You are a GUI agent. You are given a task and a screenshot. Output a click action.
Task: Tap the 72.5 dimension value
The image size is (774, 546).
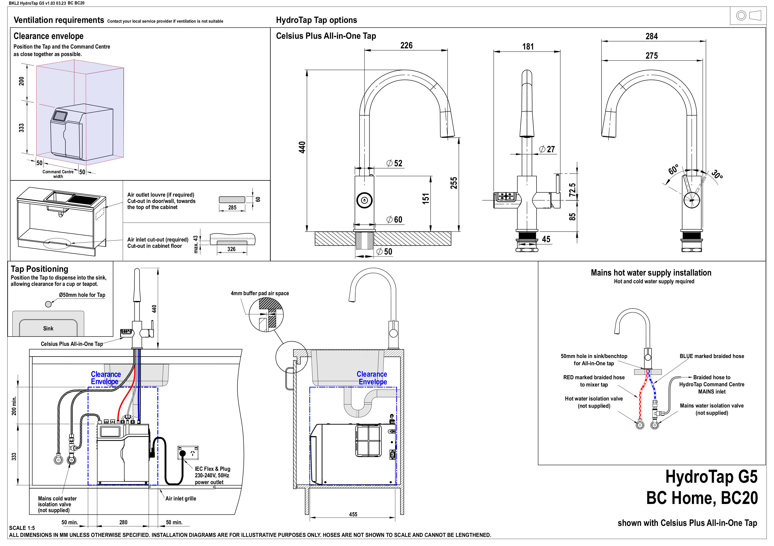[x=572, y=190]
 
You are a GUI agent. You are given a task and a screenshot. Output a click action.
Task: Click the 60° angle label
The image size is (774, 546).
[x=673, y=169]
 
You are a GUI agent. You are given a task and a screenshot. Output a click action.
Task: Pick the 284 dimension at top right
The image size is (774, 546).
[x=651, y=36]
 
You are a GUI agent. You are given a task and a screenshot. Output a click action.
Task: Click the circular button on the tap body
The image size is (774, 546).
[x=364, y=200]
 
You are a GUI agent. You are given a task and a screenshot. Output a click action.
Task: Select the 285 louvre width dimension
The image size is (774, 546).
[x=232, y=207]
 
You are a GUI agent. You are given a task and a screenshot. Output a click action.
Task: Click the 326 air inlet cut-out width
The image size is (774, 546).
[x=231, y=249]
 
